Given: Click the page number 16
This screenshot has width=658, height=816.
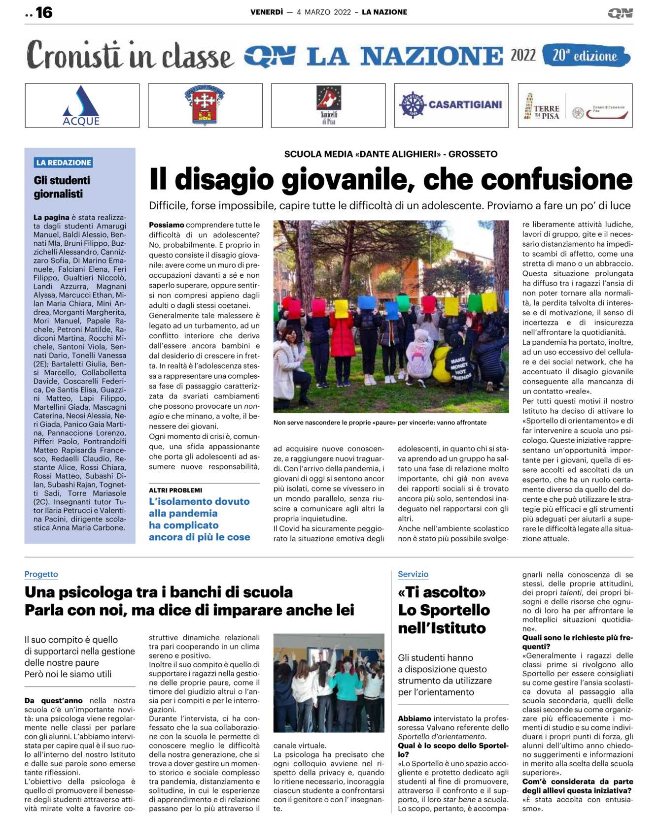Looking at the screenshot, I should [x=44, y=12].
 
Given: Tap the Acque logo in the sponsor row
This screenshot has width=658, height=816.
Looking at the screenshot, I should [x=81, y=106].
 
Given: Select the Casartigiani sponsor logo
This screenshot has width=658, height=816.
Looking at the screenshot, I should [x=451, y=105].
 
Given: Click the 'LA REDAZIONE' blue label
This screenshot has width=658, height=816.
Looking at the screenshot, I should [x=64, y=163].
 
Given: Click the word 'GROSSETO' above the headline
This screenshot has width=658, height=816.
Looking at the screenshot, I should [x=473, y=154].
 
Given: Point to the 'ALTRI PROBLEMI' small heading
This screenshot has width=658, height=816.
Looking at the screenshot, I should [x=175, y=490].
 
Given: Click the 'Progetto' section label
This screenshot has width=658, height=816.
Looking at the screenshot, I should [x=41, y=574].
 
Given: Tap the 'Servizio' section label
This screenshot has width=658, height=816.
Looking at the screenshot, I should [x=413, y=574].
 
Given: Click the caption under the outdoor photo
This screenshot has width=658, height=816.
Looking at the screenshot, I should [x=380, y=423].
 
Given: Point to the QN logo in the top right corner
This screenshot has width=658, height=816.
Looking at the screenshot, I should [x=620, y=13].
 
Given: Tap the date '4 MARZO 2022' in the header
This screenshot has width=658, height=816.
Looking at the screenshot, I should [x=324, y=12].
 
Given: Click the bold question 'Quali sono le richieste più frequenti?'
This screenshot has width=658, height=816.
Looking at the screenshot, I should [x=577, y=642].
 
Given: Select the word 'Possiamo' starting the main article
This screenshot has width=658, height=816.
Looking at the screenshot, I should [x=167, y=225].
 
